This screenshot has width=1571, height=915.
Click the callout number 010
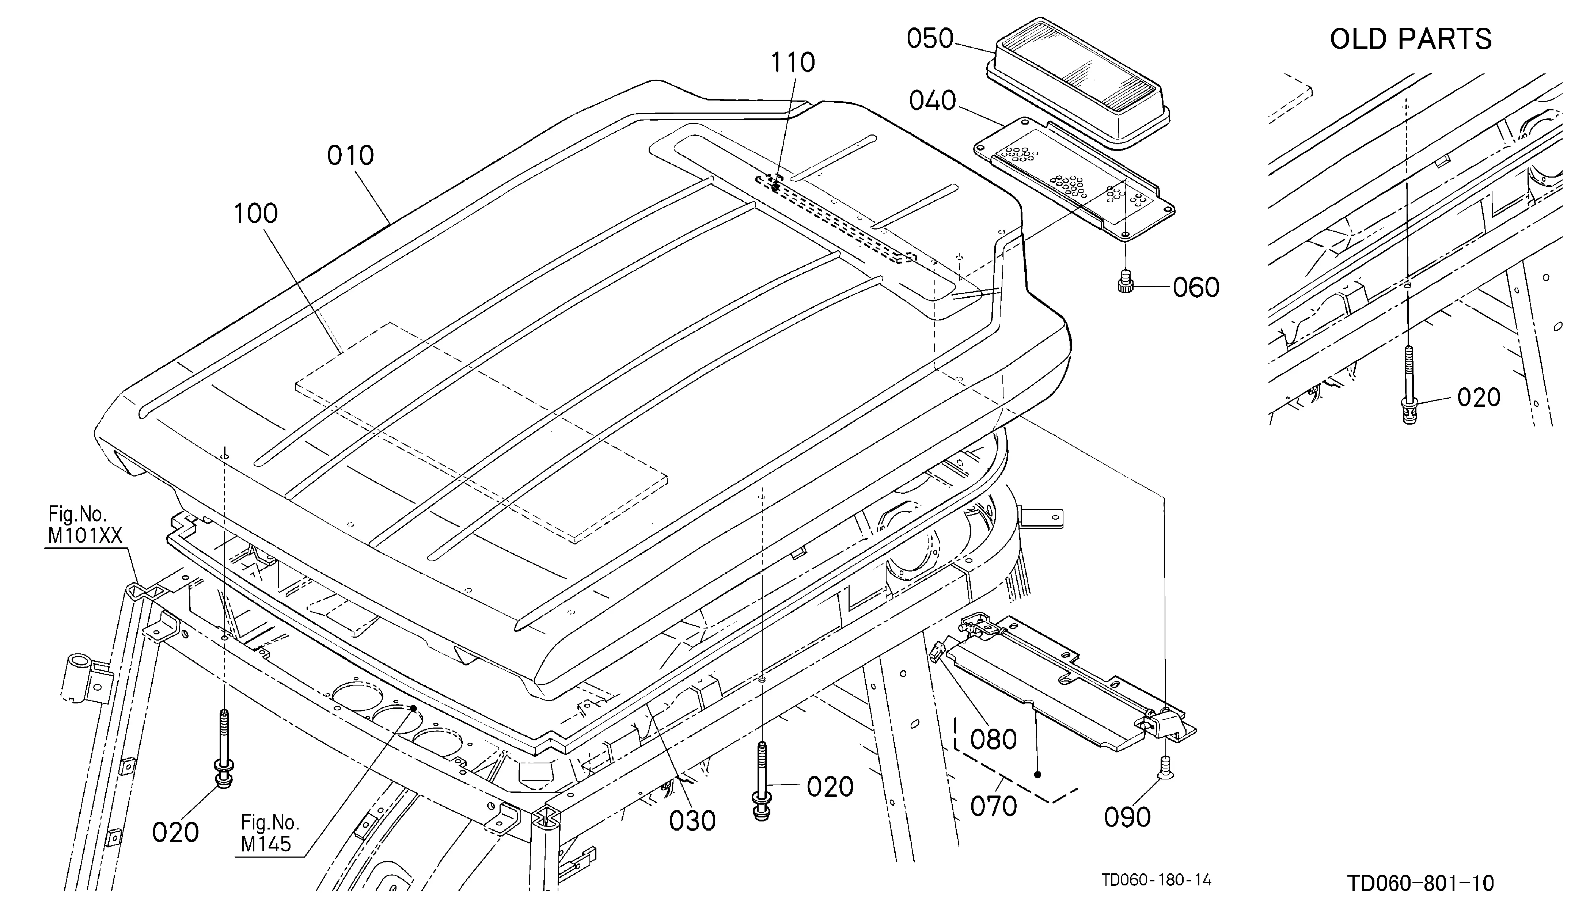tap(350, 155)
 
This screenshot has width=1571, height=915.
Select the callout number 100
tap(255, 214)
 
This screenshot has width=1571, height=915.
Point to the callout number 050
tap(930, 39)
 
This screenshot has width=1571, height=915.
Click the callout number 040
tap(933, 100)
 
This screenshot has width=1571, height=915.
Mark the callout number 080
tap(994, 740)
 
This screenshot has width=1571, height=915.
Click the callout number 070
tap(994, 806)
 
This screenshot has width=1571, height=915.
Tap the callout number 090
tap(1127, 817)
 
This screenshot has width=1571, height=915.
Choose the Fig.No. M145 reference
tap(270, 834)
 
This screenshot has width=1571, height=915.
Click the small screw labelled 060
tap(1125, 281)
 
